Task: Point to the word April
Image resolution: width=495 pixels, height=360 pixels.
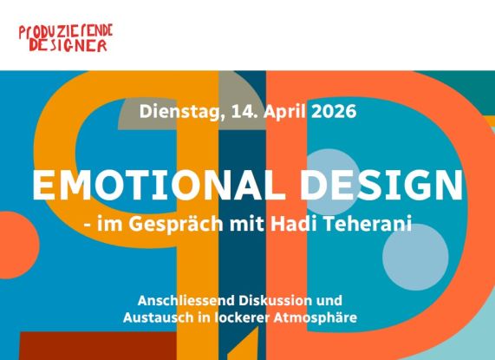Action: pyautogui.click(x=281, y=111)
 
